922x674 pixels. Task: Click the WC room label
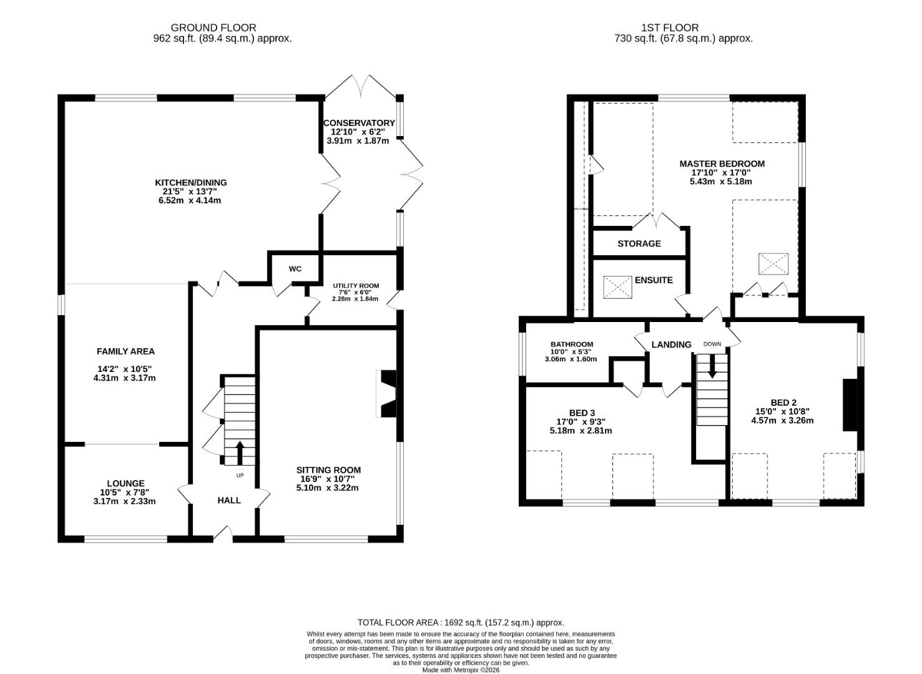pos(295,269)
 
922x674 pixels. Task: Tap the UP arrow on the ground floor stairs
pos(239,453)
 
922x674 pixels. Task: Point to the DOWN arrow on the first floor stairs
pos(712,367)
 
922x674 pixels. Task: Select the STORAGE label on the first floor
pos(639,243)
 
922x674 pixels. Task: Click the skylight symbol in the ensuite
pos(617,287)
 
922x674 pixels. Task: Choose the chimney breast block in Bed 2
pos(850,404)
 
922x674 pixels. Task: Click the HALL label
pos(228,500)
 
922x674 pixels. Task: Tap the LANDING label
pos(671,344)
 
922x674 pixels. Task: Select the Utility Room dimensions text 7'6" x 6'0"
pos(355,292)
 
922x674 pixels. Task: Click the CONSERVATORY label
pos(359,123)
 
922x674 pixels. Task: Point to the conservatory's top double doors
pos(361,86)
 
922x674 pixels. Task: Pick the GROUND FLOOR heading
pos(213,27)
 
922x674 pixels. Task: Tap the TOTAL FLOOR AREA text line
pos(460,622)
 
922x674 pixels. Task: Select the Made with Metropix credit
pos(460,670)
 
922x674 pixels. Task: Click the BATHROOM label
pos(571,344)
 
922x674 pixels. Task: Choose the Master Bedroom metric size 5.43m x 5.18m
pos(720,182)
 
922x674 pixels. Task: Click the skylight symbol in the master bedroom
pos(773,264)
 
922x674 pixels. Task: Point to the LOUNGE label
pos(125,483)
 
